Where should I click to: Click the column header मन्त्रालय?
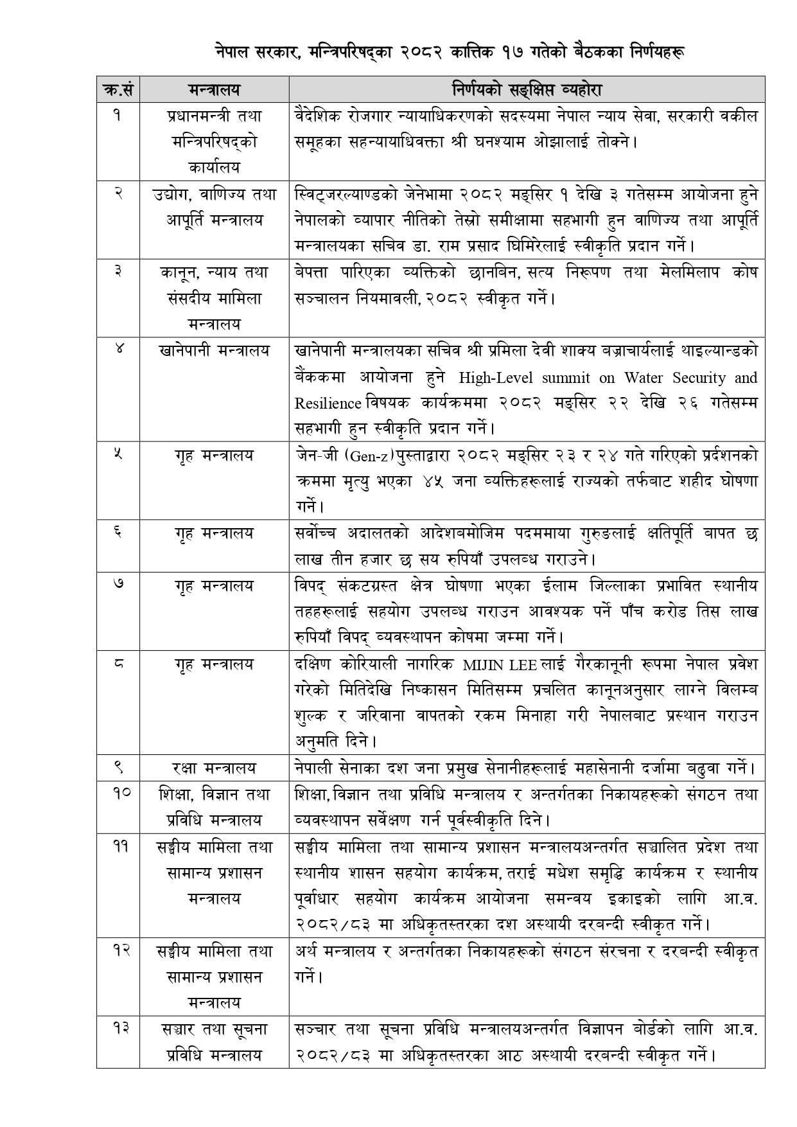click(214, 89)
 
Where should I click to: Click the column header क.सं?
click(118, 89)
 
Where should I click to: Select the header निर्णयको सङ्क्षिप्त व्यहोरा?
click(526, 89)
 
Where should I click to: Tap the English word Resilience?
click(328, 404)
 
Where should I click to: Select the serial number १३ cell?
click(118, 1029)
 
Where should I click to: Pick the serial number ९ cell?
click(118, 767)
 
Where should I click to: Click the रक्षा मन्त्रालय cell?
click(214, 768)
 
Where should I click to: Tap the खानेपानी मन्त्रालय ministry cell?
click(214, 351)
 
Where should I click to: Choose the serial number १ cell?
click(118, 116)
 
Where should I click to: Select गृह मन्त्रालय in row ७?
click(214, 585)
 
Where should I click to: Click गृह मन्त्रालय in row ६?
click(214, 533)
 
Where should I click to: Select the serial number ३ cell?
click(118, 272)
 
